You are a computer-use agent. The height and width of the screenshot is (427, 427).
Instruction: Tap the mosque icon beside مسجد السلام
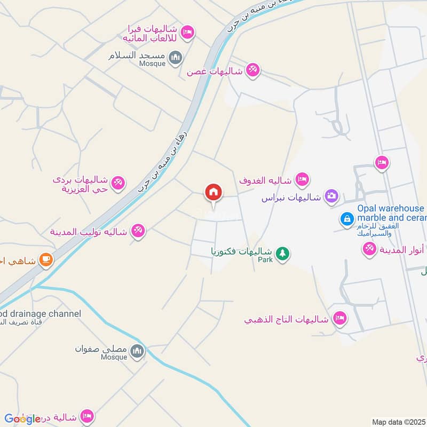point(175,57)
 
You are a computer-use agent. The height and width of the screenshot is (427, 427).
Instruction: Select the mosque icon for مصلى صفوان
point(138,351)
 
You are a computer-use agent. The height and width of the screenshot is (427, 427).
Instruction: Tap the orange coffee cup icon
point(46,260)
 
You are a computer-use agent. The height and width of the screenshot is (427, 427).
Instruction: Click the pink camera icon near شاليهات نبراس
point(331,196)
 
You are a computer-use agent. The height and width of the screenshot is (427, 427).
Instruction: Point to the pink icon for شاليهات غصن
point(253,70)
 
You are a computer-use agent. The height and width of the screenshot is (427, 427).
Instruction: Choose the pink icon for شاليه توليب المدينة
point(138,231)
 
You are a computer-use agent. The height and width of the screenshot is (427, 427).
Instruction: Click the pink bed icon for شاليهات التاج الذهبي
point(339,319)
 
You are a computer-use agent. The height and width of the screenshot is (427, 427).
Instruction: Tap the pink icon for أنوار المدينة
point(369,248)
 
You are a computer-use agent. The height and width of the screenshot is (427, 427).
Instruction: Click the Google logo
point(22,419)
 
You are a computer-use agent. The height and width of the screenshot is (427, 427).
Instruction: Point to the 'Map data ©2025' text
point(398,422)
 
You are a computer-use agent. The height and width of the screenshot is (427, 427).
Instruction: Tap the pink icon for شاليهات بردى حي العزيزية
point(118,183)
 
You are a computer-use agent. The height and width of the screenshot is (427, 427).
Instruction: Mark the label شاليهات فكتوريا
point(242,250)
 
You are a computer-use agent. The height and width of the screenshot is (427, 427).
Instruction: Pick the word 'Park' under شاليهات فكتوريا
point(265,260)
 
